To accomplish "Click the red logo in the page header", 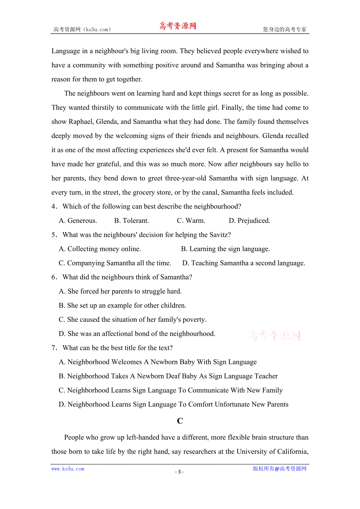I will [x=178, y=27].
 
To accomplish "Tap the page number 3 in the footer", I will [x=179, y=471].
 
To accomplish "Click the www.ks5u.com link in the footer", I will [x=68, y=469].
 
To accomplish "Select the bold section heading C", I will [x=180, y=421].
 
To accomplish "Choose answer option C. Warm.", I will [x=191, y=220].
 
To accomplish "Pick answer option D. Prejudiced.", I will [x=249, y=220].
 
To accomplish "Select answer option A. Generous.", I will [x=78, y=220].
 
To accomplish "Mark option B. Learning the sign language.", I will [x=225, y=249].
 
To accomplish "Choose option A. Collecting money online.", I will [x=100, y=249].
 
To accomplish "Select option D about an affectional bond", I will [x=137, y=333].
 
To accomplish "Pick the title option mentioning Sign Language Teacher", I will [x=168, y=376].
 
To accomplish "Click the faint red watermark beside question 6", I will [x=274, y=335].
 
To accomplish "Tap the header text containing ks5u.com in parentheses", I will [x=82, y=29].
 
